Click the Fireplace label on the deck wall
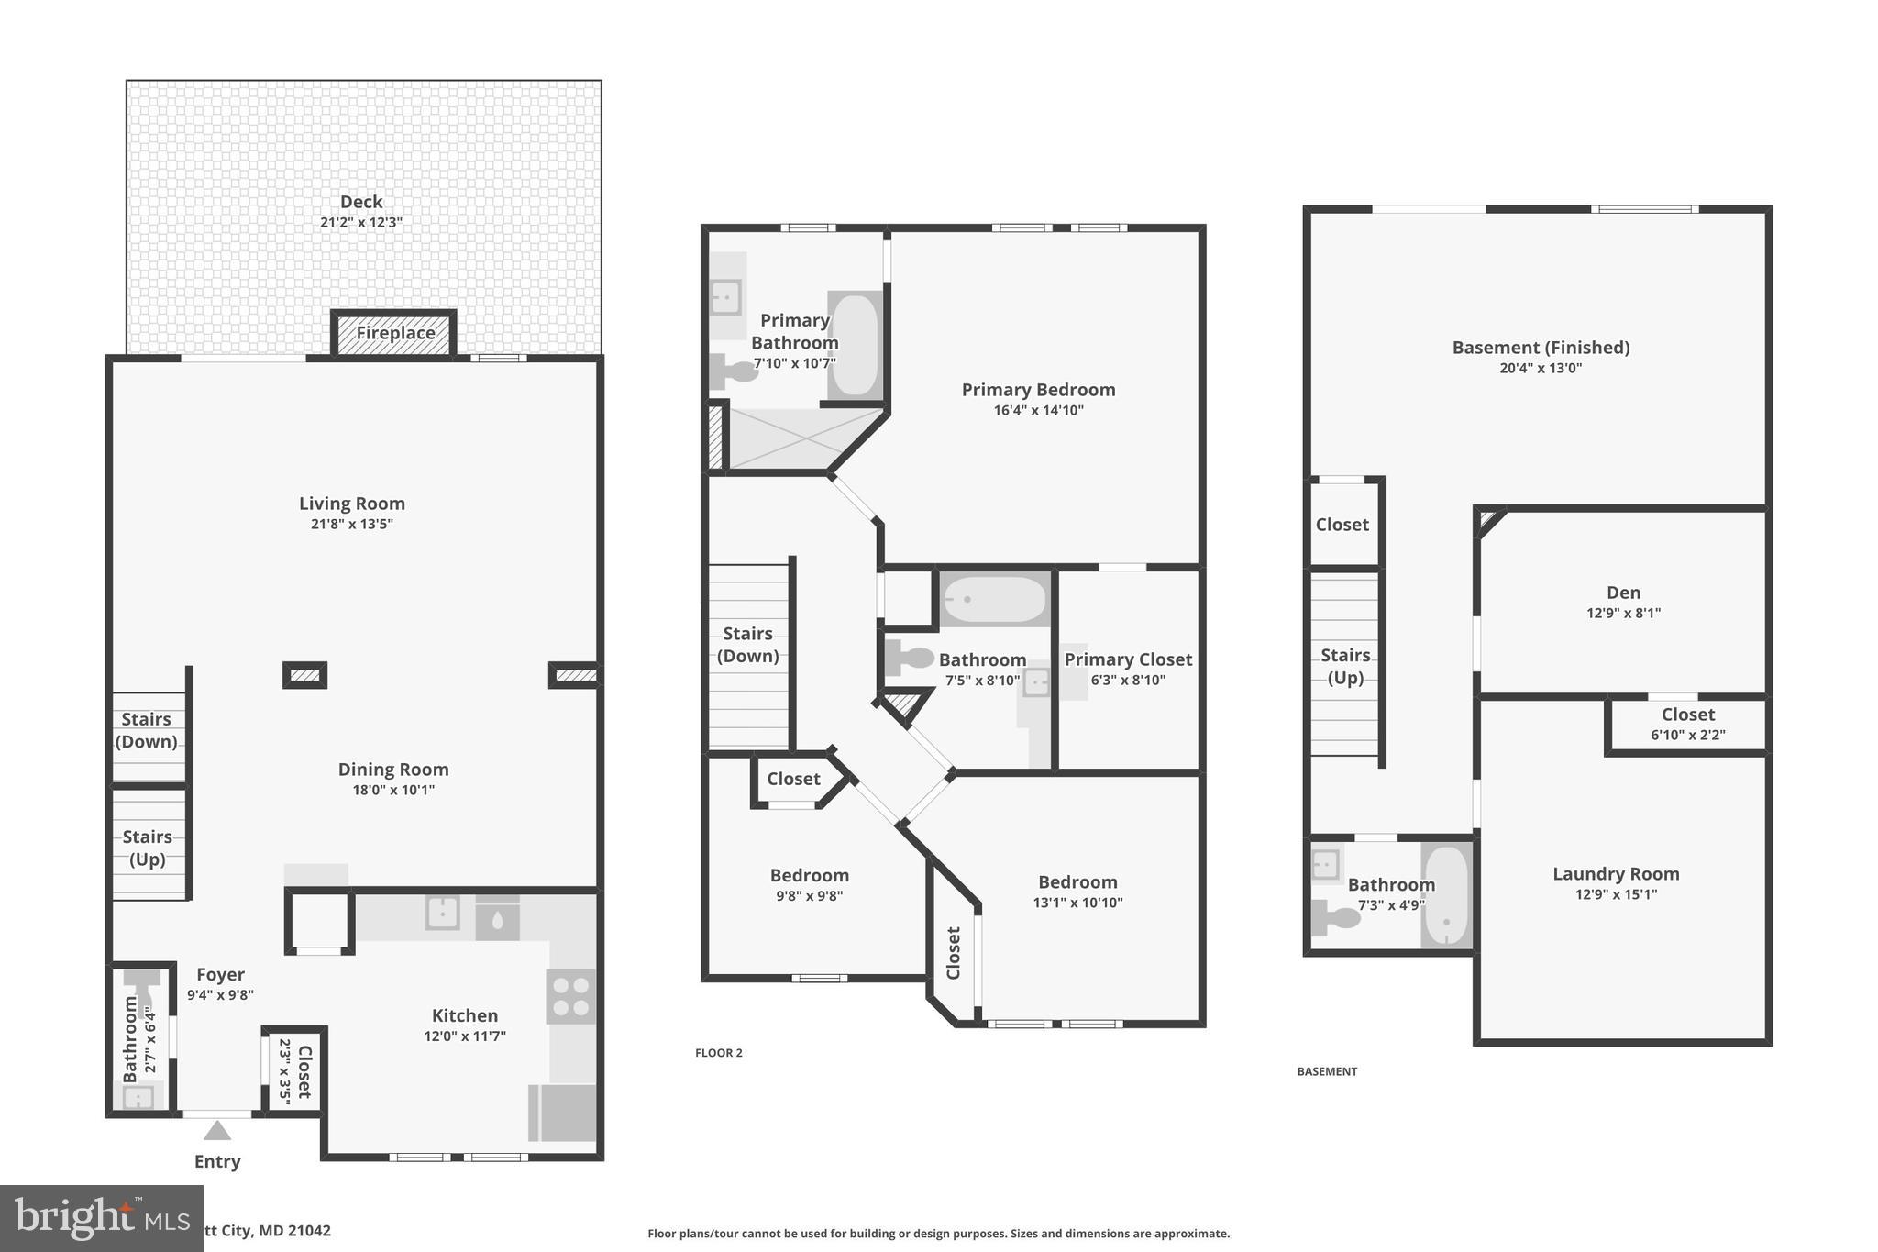coord(395,333)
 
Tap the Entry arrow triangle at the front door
coord(217,1131)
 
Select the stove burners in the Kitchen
coord(570,997)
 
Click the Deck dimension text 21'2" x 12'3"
coord(361,222)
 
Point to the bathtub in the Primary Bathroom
coord(855,345)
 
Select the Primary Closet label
coord(1128,659)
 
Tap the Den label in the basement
coord(1623,593)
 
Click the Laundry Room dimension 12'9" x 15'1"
coord(1615,894)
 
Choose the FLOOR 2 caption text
coord(719,1053)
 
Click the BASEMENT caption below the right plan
coord(1327,1071)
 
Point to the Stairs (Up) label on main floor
coord(147,848)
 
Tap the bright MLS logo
coord(100,1218)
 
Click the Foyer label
coord(220,975)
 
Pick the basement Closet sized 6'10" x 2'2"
coord(1687,724)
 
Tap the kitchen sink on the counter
coord(443,913)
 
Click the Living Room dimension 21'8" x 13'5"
coord(351,524)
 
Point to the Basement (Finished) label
coord(1541,348)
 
